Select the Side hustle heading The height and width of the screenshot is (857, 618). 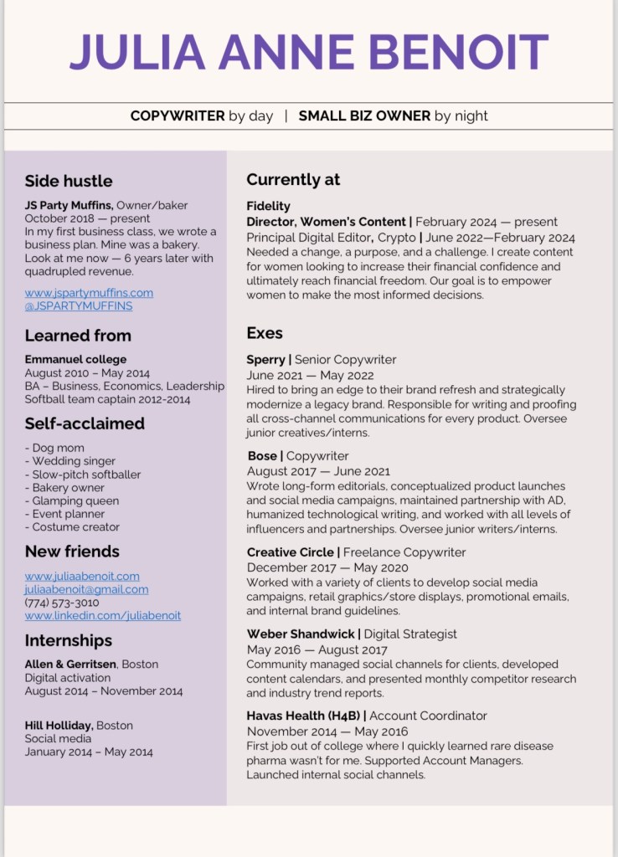[68, 181]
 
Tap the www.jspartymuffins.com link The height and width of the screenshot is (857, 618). [89, 293]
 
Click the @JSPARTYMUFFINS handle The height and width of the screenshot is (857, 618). [78, 306]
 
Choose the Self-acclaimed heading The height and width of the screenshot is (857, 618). [85, 423]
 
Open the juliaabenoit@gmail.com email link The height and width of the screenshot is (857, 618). [86, 589]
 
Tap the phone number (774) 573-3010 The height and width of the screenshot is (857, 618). [62, 603]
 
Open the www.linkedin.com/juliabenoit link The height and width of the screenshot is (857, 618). [102, 616]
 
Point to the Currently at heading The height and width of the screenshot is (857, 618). [293, 179]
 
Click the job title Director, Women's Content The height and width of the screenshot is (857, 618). [327, 222]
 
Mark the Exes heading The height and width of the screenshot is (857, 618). [265, 333]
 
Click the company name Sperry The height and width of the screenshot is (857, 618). [266, 360]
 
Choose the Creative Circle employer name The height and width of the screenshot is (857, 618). [291, 552]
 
